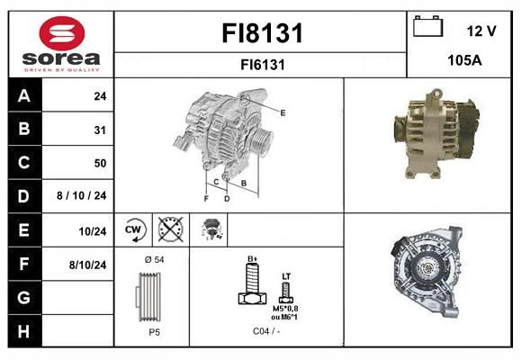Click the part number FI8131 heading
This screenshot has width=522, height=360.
pyautogui.click(x=262, y=33)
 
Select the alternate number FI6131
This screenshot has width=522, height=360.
pyautogui.click(x=263, y=65)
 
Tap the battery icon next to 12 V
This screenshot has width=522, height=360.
pyautogui.click(x=427, y=26)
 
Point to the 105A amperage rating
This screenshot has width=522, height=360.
pyautogui.click(x=464, y=60)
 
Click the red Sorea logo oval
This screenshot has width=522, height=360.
pyautogui.click(x=62, y=33)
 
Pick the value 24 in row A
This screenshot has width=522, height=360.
pyautogui.click(x=100, y=96)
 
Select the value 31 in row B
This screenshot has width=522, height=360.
pyautogui.click(x=100, y=130)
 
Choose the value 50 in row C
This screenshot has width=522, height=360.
pyautogui.click(x=100, y=163)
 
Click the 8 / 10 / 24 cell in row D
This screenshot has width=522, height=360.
pyautogui.click(x=82, y=195)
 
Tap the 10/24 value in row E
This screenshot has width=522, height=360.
pyautogui.click(x=92, y=231)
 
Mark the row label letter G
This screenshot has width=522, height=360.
pyautogui.click(x=23, y=298)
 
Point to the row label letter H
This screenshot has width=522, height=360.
pyautogui.click(x=23, y=331)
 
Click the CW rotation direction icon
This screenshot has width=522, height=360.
pyautogui.click(x=134, y=229)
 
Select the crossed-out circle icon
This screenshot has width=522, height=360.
pyautogui.click(x=170, y=229)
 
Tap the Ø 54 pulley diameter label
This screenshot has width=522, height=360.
pyautogui.click(x=154, y=259)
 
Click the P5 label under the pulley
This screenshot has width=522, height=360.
pyautogui.click(x=154, y=332)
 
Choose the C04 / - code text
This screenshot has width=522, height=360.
pyautogui.click(x=266, y=331)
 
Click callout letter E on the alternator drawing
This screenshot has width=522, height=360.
pyautogui.click(x=283, y=112)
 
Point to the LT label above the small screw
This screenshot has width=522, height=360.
pyautogui.click(x=286, y=276)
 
